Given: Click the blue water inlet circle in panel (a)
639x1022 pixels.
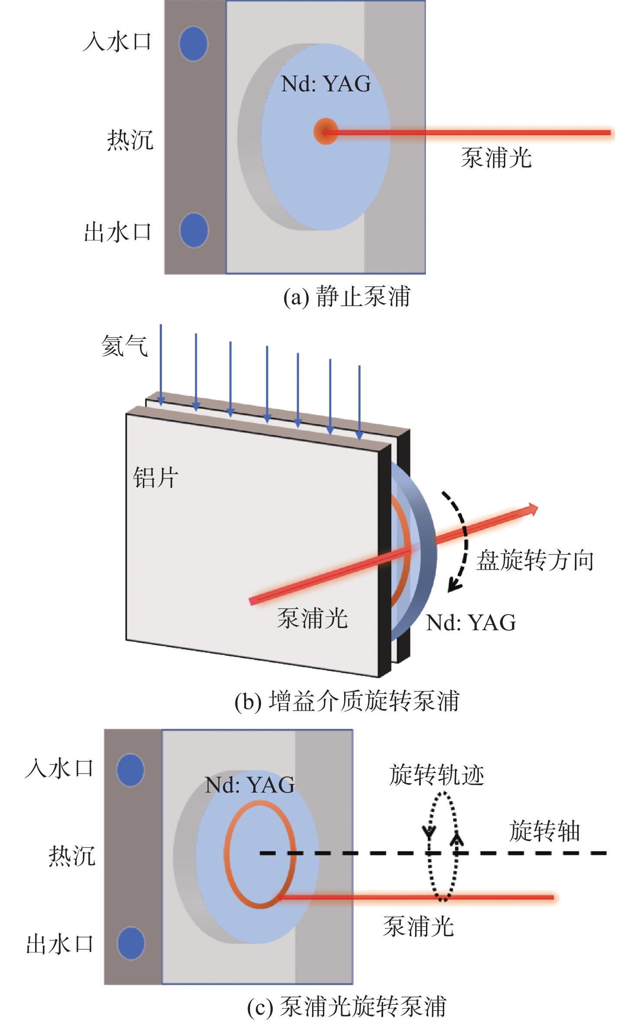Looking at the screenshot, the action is coord(193,44).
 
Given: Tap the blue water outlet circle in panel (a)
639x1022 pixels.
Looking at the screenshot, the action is coord(194,230).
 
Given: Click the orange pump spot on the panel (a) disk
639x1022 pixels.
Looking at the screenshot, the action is coord(325,131).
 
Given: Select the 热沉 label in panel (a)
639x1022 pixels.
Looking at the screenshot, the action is coord(130,140).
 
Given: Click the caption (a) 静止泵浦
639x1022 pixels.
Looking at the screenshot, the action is coord(347,297).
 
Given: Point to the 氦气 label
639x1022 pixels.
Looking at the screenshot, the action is coord(125,346).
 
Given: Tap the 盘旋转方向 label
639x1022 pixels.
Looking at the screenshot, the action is coord(535,561).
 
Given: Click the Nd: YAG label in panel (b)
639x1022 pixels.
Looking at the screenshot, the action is coord(471,623).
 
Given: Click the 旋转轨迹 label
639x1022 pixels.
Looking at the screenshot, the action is coord(437,775).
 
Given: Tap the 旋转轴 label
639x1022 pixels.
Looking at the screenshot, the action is coord(545,831).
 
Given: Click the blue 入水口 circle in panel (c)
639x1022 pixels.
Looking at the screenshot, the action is coord(130,770).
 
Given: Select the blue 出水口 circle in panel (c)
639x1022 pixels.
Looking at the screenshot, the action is coord(131,943).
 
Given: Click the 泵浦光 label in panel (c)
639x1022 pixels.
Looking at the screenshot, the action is coord(419,927).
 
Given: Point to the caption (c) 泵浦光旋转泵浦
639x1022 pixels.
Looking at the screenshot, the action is coord(347,1006).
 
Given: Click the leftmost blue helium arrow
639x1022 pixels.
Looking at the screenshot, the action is coord(161,365).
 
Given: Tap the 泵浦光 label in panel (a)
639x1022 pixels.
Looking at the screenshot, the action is coord(496,158).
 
